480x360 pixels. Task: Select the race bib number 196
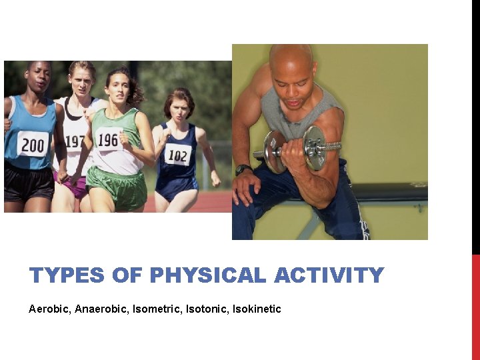click(x=108, y=140)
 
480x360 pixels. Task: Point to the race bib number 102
click(x=177, y=156)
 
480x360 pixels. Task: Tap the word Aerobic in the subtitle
click(x=49, y=309)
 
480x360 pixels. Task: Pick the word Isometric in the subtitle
click(x=155, y=309)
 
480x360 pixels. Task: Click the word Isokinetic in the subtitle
click(x=257, y=309)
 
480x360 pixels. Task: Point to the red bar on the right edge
click(x=475, y=307)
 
